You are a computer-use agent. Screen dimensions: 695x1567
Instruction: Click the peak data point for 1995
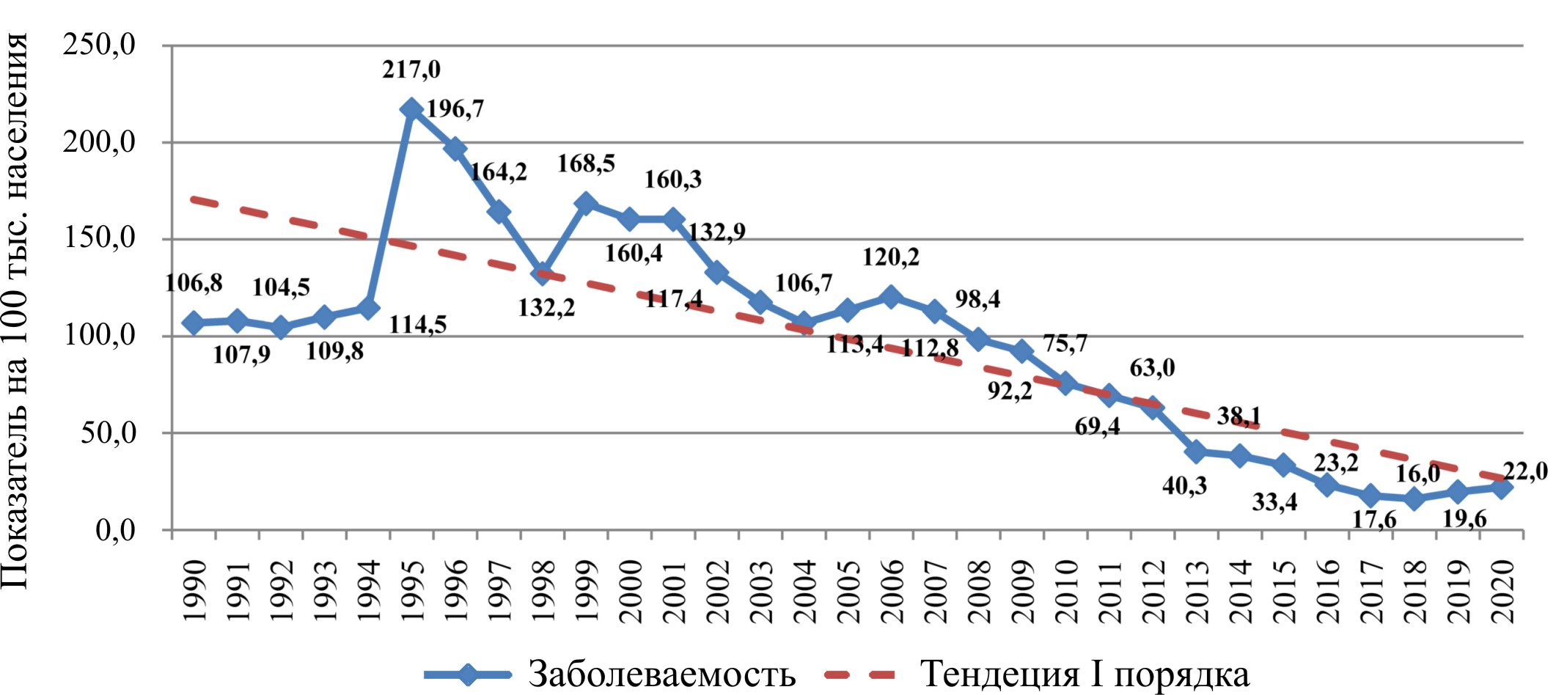[411, 110]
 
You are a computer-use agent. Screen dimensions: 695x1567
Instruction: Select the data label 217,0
[411, 70]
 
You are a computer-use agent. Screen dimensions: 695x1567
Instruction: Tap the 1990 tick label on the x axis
[194, 591]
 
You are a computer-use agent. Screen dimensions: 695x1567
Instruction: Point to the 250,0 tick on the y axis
[100, 45]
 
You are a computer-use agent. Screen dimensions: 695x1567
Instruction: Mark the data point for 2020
[1501, 488]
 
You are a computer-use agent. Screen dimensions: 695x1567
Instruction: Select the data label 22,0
[1525, 471]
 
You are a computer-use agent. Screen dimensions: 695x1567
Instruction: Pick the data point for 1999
[586, 204]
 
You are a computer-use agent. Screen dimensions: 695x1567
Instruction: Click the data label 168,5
[586, 163]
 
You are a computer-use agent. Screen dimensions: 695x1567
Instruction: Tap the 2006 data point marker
[891, 297]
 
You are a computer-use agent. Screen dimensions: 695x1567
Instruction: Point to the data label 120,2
[891, 257]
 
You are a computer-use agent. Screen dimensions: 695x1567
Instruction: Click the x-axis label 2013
[1197, 591]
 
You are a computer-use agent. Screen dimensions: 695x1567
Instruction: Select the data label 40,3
[1184, 485]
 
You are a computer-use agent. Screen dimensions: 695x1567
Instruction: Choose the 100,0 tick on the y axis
[100, 336]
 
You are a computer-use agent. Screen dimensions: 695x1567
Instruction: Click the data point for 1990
[194, 323]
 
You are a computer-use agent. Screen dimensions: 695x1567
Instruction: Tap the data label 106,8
[194, 283]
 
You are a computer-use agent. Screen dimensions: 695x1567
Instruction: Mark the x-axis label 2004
[804, 591]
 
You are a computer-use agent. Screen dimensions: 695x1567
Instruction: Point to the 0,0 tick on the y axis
[115, 530]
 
